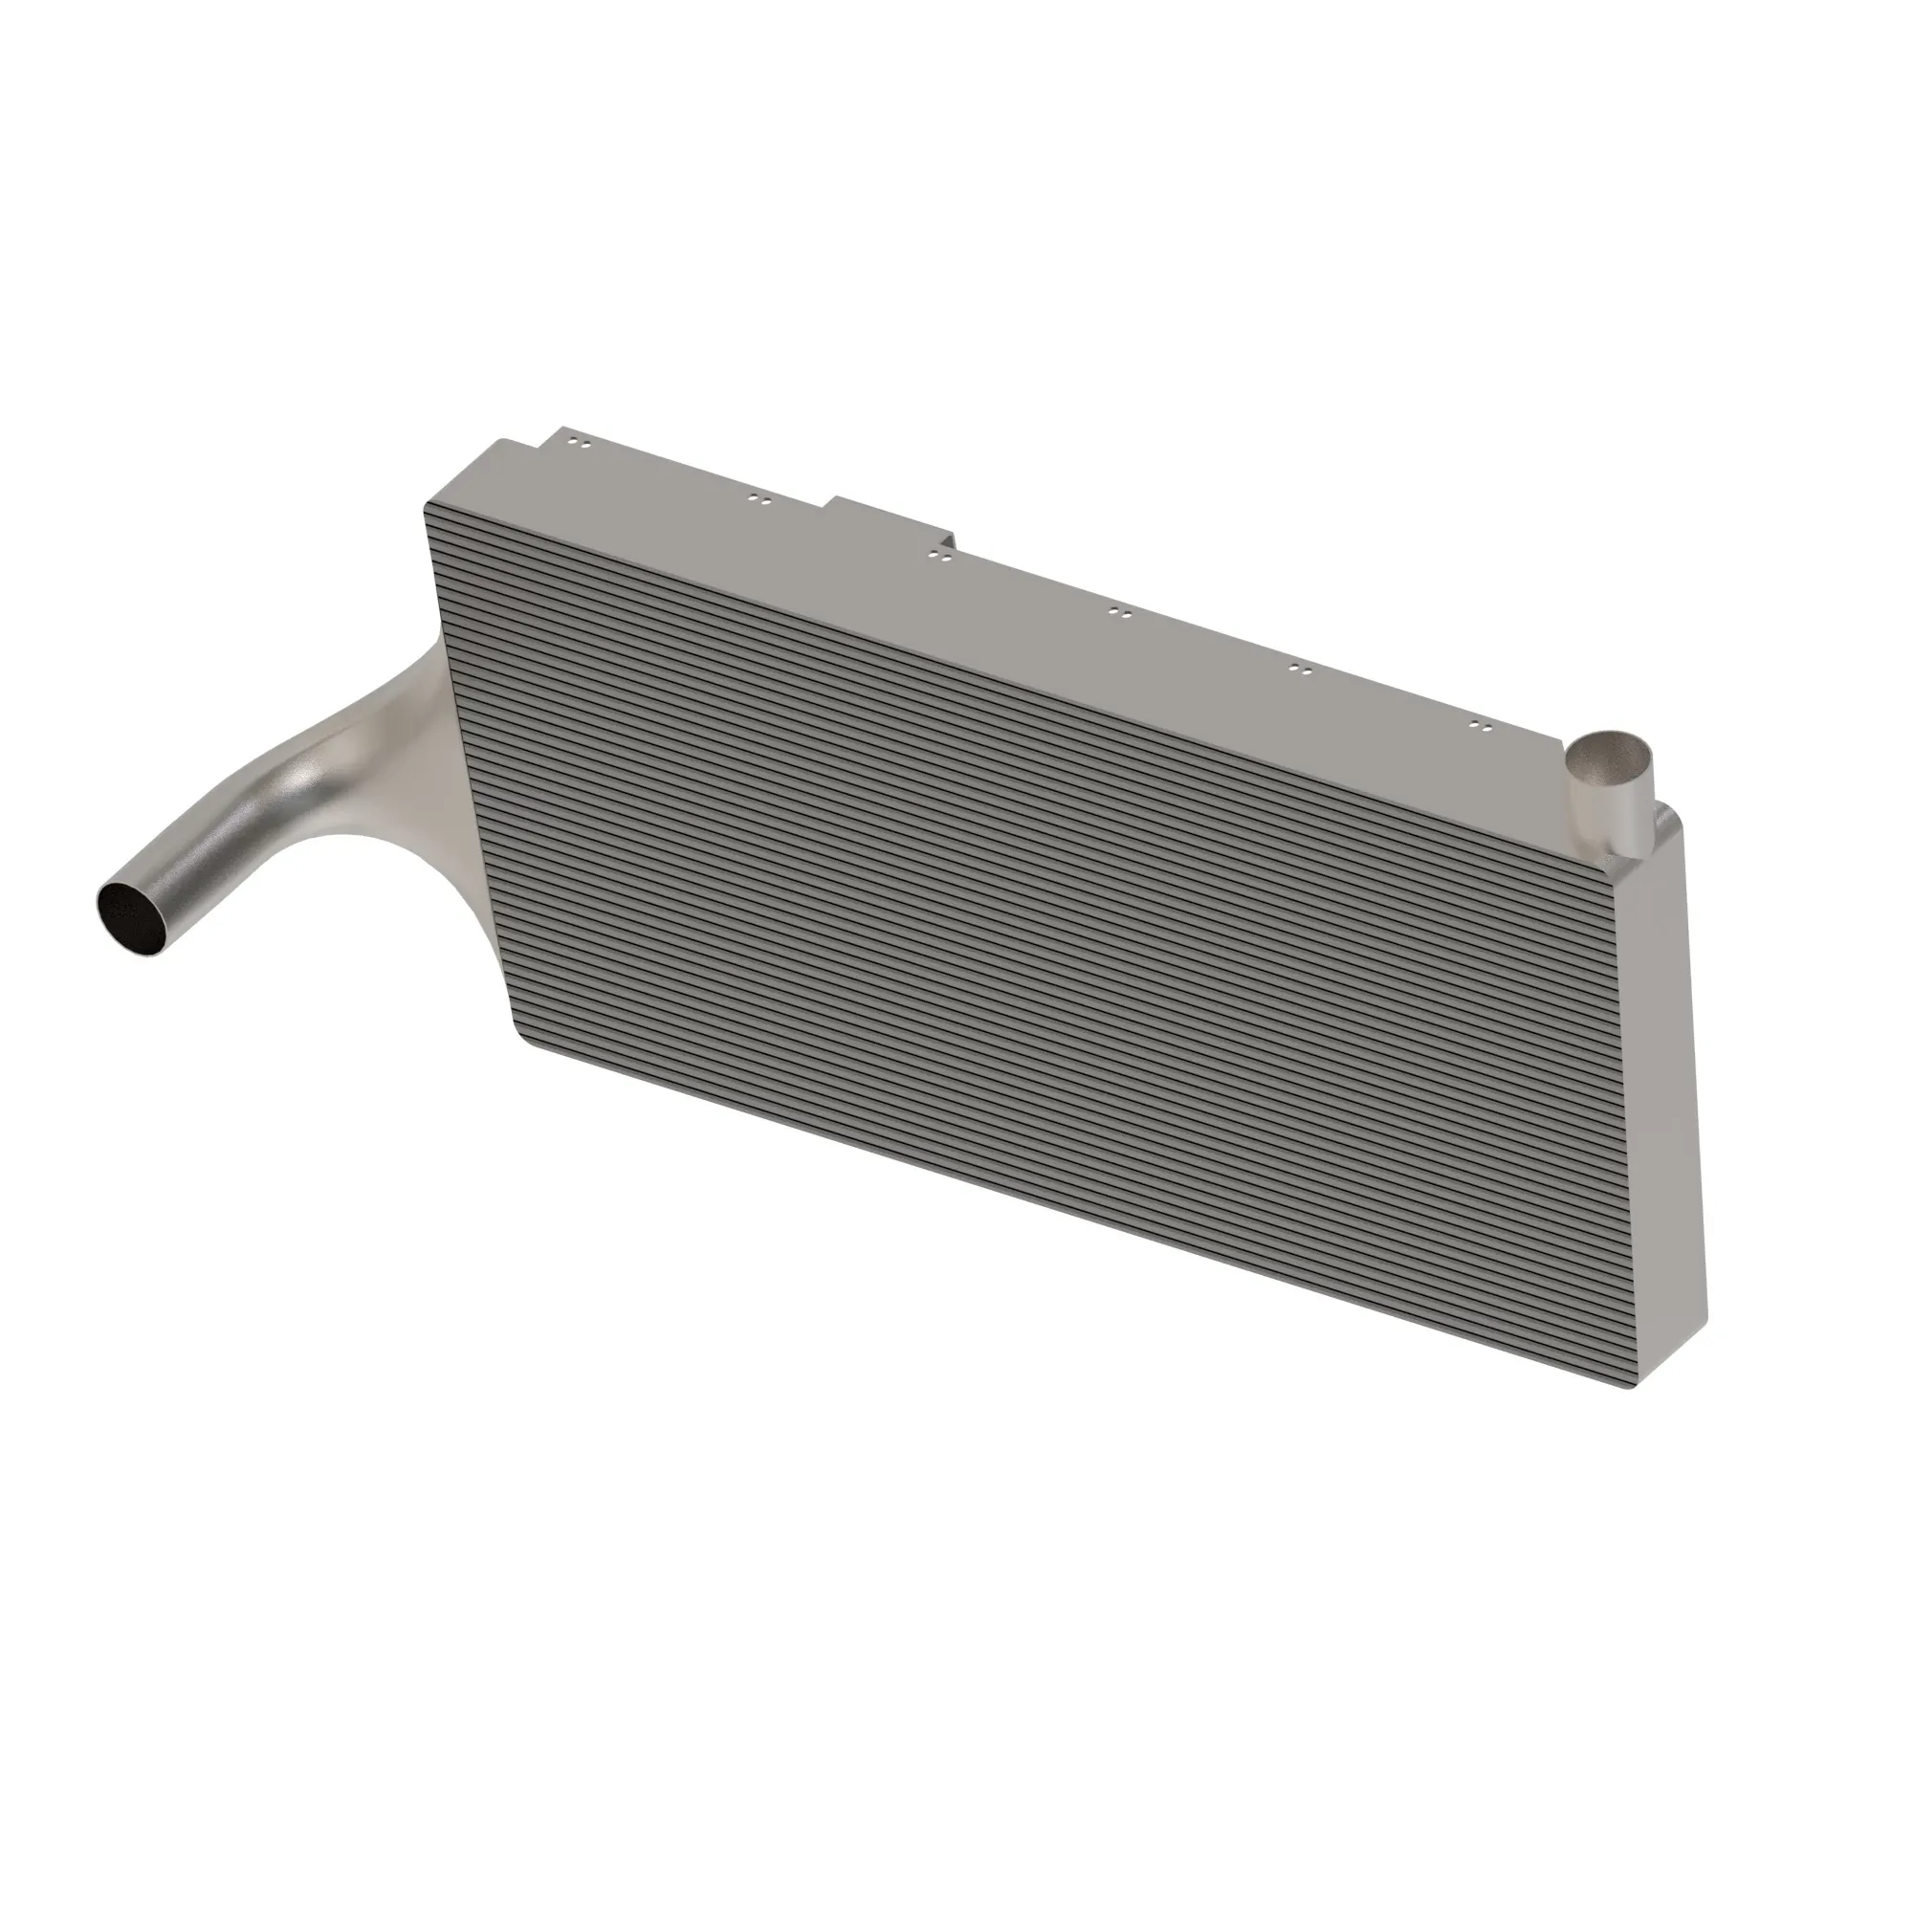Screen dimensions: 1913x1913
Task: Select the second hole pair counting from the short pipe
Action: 1302,670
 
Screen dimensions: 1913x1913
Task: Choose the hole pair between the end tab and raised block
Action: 759,501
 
